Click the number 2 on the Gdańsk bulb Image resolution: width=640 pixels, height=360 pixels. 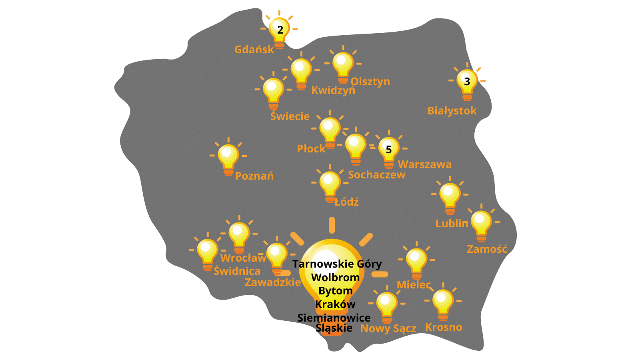[x=280, y=30]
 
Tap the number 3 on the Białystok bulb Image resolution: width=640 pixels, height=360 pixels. [x=467, y=82]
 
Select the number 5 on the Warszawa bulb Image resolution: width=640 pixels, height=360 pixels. [x=388, y=150]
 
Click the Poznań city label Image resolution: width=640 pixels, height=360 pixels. [x=254, y=176]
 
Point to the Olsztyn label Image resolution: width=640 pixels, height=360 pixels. [x=370, y=82]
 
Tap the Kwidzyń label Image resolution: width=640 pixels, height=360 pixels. [x=333, y=90]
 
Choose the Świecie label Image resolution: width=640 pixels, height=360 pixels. [x=290, y=116]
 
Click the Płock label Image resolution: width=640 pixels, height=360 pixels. [x=311, y=148]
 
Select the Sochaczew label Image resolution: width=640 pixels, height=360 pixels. [x=376, y=175]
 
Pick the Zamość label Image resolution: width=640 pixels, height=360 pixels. [x=487, y=249]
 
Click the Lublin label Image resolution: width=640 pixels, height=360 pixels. [x=452, y=224]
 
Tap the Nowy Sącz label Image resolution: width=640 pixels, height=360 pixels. [x=388, y=328]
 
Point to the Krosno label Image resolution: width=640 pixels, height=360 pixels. [x=444, y=327]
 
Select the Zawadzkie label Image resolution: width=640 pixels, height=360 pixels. [x=273, y=282]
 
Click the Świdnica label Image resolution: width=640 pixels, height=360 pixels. [x=237, y=271]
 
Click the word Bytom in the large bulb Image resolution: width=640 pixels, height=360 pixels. [x=336, y=291]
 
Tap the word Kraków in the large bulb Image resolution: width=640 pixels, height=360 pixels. [x=335, y=304]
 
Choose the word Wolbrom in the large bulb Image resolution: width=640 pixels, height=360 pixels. [x=336, y=278]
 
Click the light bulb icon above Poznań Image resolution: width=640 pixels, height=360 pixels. [x=228, y=157]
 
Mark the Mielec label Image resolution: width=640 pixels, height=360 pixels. [x=414, y=285]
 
